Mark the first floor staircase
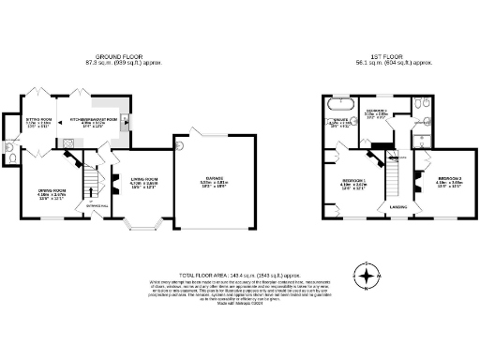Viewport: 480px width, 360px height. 395,173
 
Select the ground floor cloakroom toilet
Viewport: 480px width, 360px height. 9,147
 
